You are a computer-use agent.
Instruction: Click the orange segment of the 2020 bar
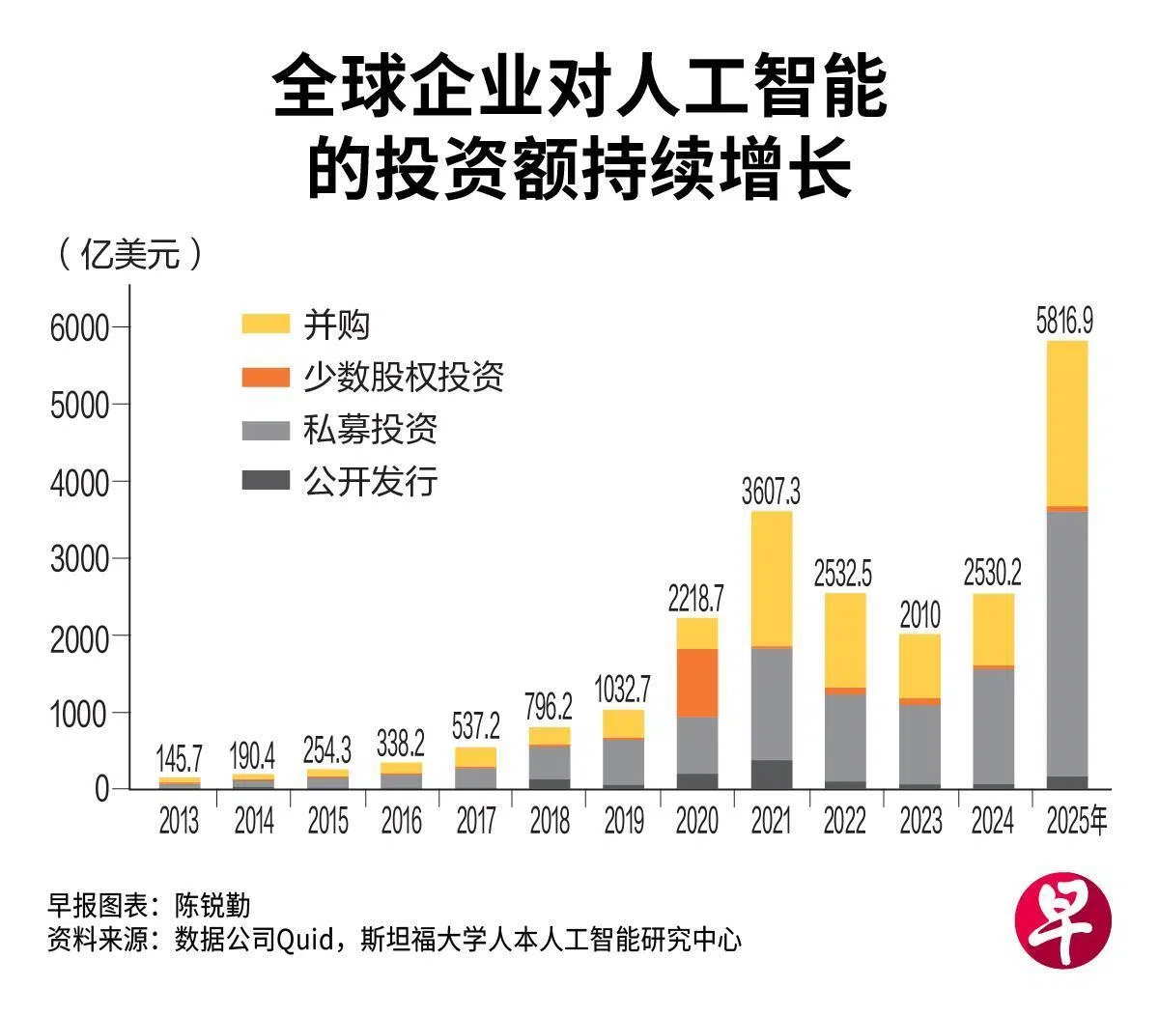[x=696, y=683]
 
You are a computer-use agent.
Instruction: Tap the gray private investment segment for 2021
[x=771, y=703]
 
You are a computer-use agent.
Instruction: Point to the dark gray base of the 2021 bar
[x=771, y=775]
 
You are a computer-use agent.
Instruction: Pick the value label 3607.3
[x=771, y=493]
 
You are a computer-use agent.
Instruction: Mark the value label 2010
[x=919, y=614]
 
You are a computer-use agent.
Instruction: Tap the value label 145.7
[x=180, y=759]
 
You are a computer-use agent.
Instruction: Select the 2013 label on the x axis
[x=180, y=821]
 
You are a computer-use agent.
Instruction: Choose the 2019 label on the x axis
[x=623, y=821]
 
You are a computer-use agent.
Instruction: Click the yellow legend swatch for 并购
[x=266, y=324]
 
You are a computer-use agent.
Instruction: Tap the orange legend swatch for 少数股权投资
[x=266, y=377]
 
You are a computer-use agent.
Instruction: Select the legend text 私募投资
[x=370, y=429]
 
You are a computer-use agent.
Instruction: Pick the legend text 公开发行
[x=370, y=480]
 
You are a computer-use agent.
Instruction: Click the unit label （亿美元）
[x=130, y=254]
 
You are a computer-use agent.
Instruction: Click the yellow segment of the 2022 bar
[x=845, y=640]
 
